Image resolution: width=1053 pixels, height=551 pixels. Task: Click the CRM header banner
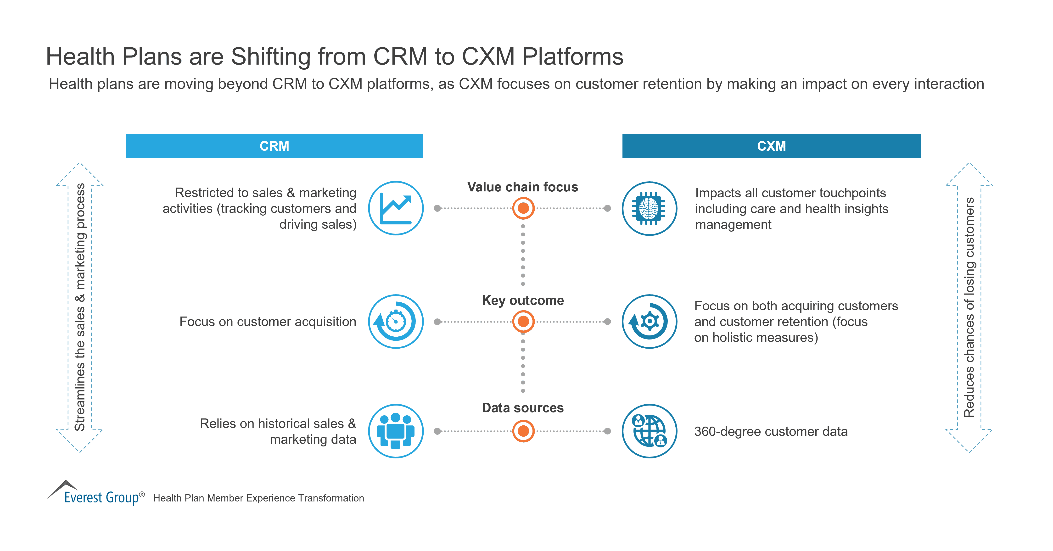(274, 146)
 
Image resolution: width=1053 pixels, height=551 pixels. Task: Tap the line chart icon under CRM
(396, 208)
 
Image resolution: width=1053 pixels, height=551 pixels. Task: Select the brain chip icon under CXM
(649, 208)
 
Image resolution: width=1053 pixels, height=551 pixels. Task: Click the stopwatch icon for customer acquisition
(396, 322)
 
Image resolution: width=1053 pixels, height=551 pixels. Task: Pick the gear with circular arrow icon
(649, 322)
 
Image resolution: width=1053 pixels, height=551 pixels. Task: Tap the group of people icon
(396, 431)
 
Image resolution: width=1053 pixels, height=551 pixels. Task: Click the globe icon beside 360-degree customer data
(649, 431)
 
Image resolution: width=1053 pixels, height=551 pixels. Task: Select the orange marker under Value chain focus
(523, 208)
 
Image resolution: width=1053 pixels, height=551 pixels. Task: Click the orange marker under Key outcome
(523, 322)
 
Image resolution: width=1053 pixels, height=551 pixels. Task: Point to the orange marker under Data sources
(523, 431)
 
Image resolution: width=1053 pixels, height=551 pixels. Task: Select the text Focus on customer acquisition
(268, 322)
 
